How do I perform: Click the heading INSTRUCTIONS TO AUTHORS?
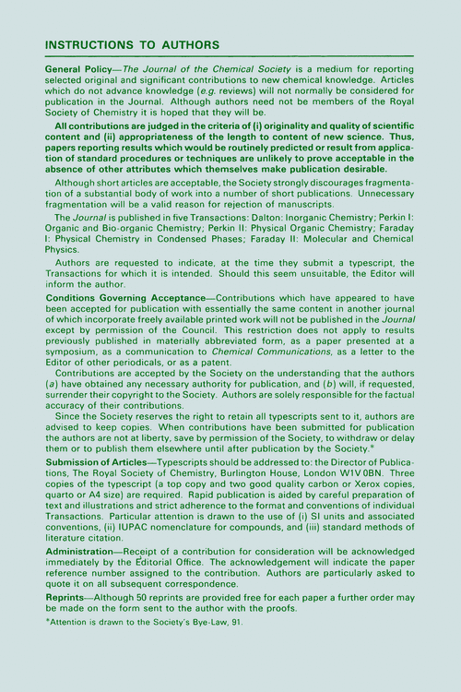coord(132,44)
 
